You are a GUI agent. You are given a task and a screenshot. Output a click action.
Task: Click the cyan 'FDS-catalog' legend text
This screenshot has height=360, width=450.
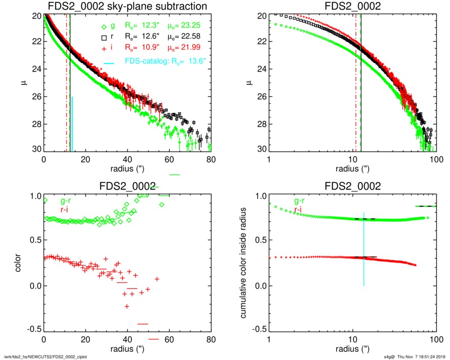[168, 62]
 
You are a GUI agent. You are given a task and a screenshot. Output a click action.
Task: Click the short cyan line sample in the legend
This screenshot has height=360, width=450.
[108, 63]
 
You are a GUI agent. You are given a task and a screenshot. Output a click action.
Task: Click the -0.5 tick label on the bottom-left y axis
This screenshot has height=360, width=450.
[33, 329]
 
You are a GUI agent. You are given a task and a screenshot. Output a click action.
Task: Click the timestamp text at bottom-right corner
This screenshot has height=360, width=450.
[414, 356]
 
